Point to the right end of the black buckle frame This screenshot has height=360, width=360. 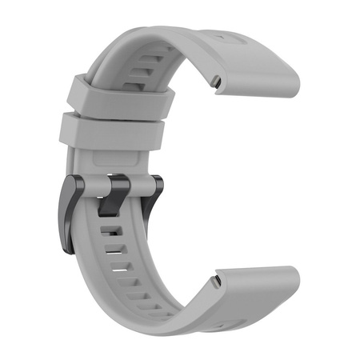pos(156,189)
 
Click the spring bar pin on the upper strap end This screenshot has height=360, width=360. pos(218,79)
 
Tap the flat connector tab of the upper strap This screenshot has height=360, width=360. pos(256,64)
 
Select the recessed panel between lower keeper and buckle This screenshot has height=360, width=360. pos(112,160)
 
